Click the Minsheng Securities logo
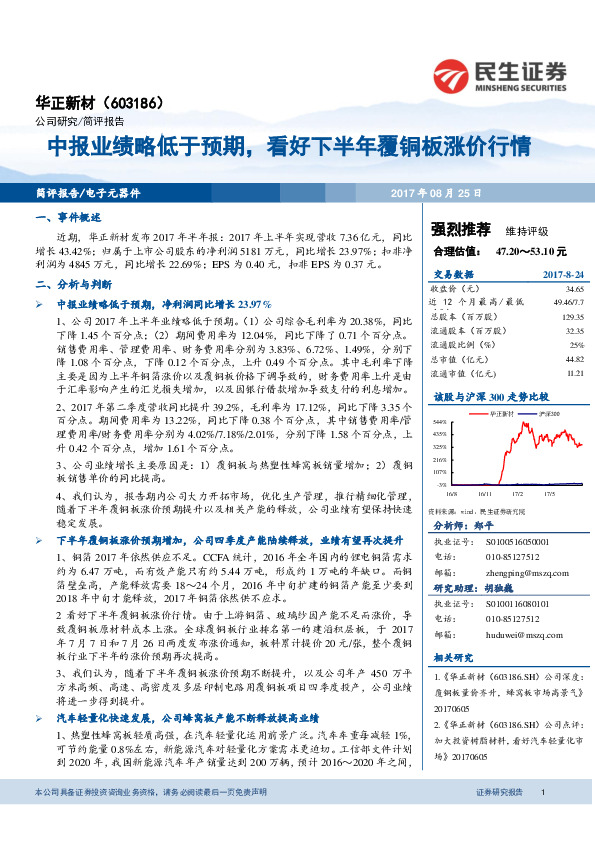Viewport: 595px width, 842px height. pos(499,73)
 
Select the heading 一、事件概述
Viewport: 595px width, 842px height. pos(69,217)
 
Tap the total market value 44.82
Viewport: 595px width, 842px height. pos(573,357)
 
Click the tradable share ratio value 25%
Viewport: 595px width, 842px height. pos(576,343)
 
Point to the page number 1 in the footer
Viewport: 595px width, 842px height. pos(541,820)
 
